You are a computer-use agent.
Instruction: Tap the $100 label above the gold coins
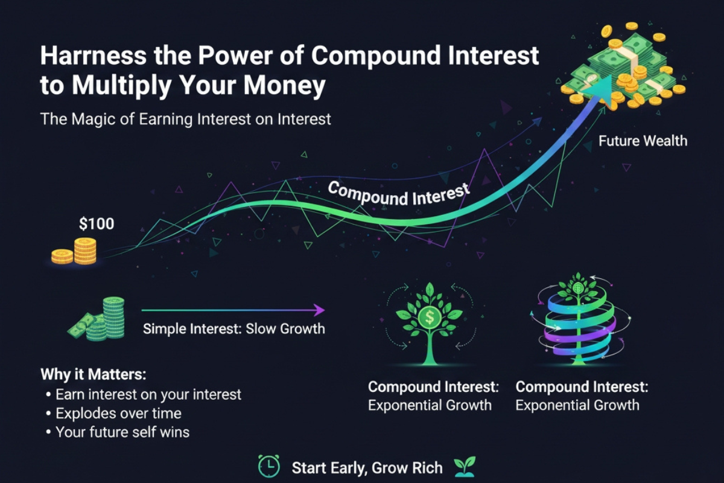97,225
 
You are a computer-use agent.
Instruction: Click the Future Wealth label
643,141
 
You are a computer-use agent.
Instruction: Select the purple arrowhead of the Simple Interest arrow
320,310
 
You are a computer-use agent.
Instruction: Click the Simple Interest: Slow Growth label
234,329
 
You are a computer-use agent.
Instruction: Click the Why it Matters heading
93,374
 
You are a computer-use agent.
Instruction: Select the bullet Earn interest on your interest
148,394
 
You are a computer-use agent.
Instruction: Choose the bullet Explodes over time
118,414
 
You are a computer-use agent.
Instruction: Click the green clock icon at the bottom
268,466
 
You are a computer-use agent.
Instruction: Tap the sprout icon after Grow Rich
465,466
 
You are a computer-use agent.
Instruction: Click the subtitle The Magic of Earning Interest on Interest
186,119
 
